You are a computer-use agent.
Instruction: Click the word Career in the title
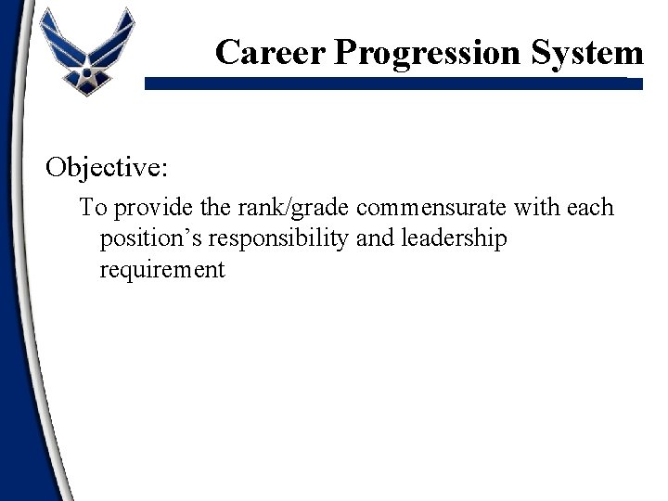(x=270, y=51)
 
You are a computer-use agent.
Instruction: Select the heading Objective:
(x=108, y=168)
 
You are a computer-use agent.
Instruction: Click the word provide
(x=144, y=208)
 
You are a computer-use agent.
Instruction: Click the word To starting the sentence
(x=91, y=207)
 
